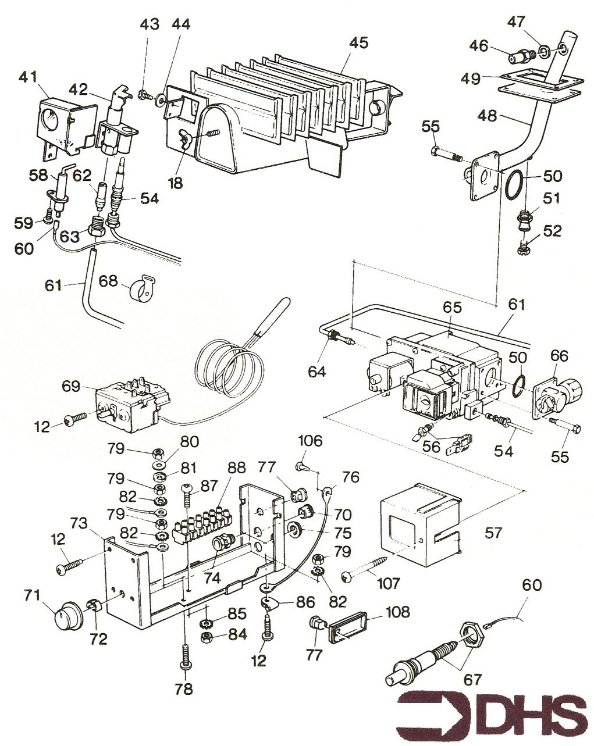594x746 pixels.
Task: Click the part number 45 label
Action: point(358,44)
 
